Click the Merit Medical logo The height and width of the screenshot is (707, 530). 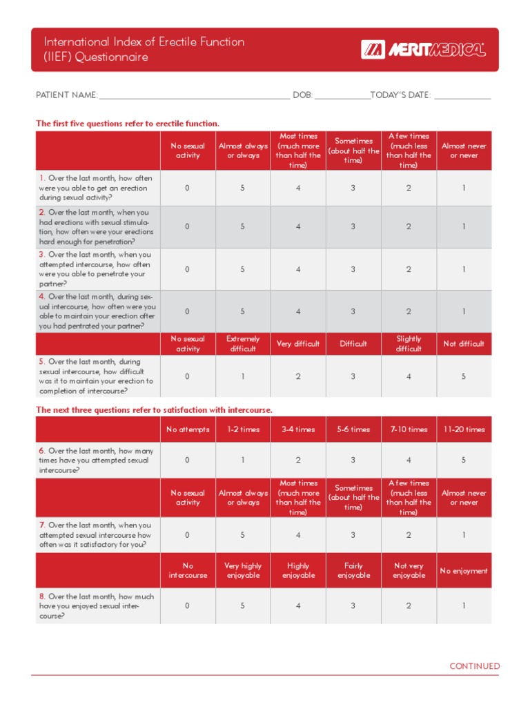click(422, 50)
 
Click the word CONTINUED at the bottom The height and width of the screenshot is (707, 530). click(475, 666)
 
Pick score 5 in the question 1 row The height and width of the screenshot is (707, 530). click(243, 188)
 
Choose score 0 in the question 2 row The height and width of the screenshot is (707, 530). click(187, 226)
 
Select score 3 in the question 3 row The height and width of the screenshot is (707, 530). click(353, 269)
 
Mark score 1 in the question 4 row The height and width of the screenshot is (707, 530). click(464, 311)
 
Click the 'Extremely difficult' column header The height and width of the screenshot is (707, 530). click(243, 344)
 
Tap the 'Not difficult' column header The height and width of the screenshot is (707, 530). click(464, 344)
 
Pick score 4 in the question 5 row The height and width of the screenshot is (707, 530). click(409, 376)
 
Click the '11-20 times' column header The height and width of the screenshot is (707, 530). click(464, 429)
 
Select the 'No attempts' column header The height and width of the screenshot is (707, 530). click(187, 429)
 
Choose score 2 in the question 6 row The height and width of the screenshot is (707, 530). click(298, 460)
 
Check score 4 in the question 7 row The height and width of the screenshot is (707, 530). click(298, 535)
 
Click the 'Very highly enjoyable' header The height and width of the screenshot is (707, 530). click(243, 570)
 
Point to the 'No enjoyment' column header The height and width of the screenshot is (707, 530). click(464, 571)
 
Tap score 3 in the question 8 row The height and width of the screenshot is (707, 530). click(353, 606)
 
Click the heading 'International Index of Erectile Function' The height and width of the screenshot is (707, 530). click(144, 42)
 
